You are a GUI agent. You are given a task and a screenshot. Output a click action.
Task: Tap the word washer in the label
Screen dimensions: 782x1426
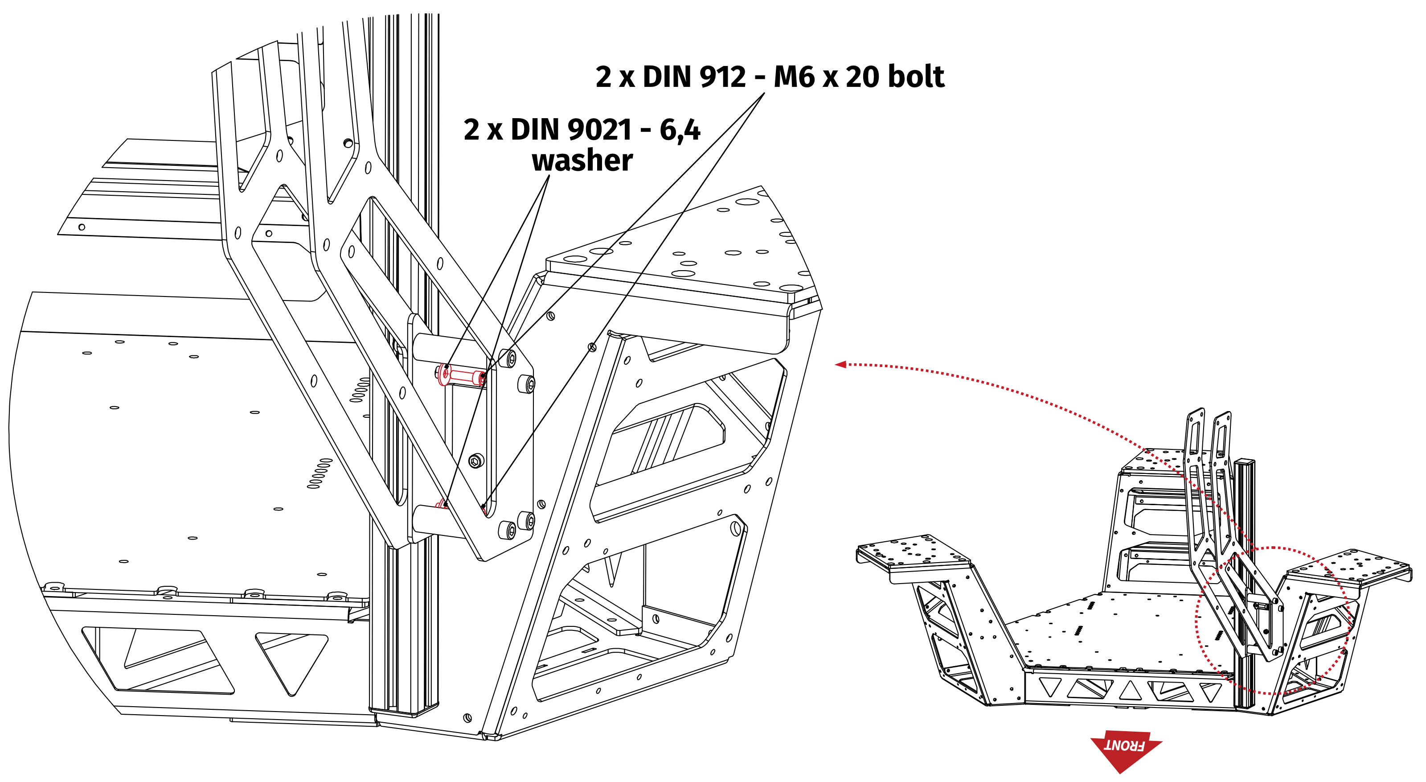(x=582, y=161)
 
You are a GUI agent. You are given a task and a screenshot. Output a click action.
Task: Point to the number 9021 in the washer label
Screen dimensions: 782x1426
(x=599, y=130)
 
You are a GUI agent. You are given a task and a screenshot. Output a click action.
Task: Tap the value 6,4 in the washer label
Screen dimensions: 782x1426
(x=680, y=130)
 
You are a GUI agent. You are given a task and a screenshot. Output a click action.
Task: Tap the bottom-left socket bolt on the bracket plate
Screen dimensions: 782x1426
(x=508, y=530)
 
